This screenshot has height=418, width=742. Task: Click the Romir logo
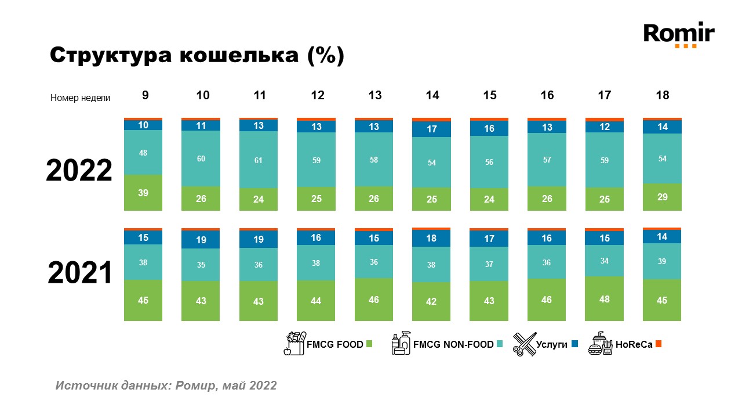(679, 34)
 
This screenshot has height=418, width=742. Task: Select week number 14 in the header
(432, 96)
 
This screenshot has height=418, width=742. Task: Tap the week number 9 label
(145, 96)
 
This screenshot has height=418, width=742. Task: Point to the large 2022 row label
(79, 170)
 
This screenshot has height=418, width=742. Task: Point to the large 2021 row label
(79, 273)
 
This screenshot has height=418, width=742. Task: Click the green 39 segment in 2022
(143, 193)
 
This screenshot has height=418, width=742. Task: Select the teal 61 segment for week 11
(259, 160)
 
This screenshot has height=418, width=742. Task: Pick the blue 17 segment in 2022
(431, 129)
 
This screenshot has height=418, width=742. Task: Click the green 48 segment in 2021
(604, 298)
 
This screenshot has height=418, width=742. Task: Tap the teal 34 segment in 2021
(604, 261)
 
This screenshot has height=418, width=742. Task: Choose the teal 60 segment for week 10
(201, 158)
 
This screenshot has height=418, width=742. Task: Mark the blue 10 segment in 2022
(143, 125)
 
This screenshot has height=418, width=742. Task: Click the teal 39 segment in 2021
(662, 261)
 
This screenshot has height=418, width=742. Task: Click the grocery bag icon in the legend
(294, 344)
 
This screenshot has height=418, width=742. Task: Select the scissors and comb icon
(524, 344)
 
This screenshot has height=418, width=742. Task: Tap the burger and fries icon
(600, 344)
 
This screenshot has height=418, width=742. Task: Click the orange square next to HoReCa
(658, 344)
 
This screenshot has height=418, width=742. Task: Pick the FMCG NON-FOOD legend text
(453, 344)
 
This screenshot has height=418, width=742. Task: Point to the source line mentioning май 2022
(166, 385)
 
